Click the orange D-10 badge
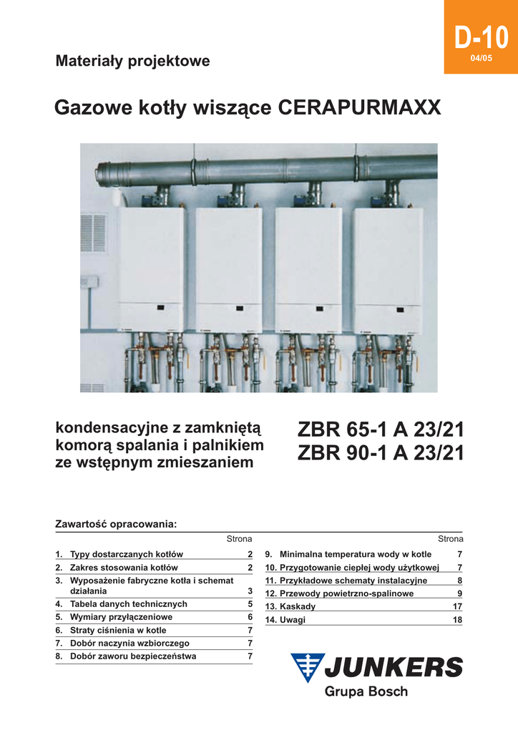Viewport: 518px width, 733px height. tap(481, 37)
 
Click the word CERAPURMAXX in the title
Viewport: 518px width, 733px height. tap(359, 109)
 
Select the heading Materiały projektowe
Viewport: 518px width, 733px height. tap(132, 61)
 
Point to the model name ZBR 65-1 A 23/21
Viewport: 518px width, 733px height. tap(380, 430)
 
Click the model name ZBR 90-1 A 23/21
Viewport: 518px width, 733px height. tap(380, 454)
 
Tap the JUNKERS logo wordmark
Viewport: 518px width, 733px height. tap(394, 668)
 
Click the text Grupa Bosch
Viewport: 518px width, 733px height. tap(366, 691)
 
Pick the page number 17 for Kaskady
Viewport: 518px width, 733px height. tap(457, 606)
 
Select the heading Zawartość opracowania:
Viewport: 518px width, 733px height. tap(115, 524)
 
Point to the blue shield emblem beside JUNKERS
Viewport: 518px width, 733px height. tap(307, 668)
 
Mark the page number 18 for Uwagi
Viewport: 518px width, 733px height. tap(457, 620)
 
